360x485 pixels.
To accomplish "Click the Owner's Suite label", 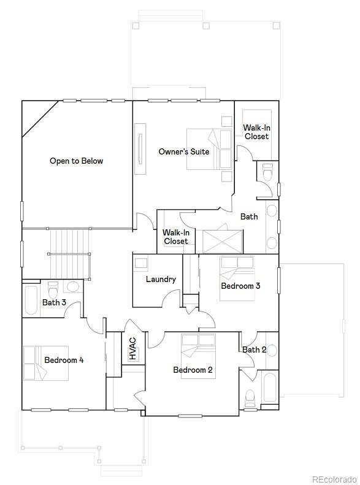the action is (184, 151).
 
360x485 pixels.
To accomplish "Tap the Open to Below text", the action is (77, 161).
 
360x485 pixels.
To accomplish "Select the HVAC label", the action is (132, 349).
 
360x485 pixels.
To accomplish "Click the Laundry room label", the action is (161, 280).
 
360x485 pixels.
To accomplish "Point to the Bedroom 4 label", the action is (64, 360).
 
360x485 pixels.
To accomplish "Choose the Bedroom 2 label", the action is (193, 370).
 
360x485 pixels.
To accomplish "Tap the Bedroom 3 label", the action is (240, 286).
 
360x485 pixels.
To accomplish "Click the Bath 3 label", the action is (54, 302).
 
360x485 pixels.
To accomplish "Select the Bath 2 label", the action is (255, 350).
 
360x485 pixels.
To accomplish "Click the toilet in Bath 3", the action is (53, 290).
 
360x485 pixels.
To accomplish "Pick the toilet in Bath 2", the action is (250, 399).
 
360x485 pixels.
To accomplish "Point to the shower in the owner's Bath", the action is (223, 242).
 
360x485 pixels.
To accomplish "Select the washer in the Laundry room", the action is (141, 263).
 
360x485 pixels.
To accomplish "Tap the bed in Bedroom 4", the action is (46, 363).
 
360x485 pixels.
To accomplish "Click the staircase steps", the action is (70, 254).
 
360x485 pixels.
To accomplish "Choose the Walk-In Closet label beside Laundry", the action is (176, 237).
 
